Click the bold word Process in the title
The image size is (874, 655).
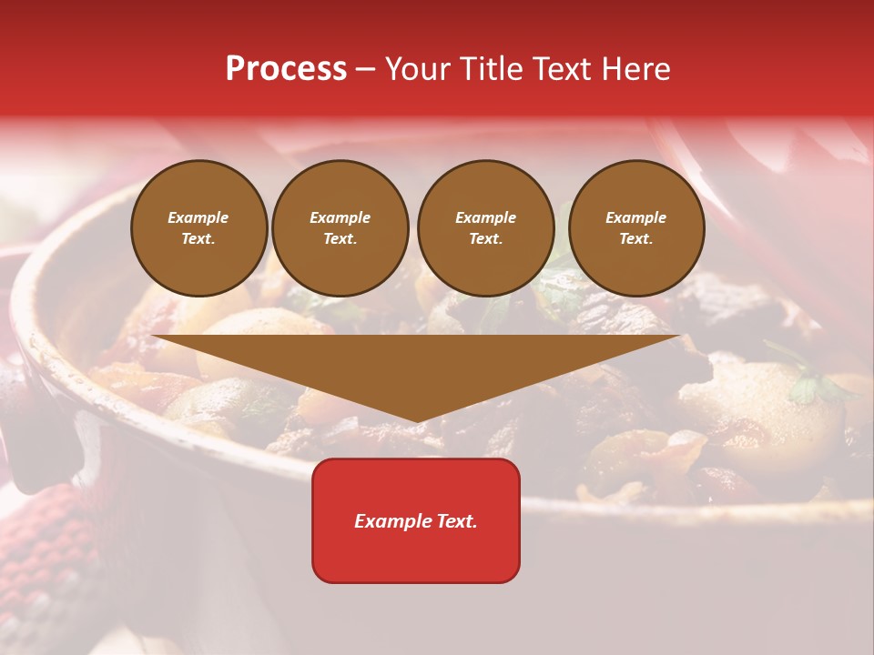[286, 69]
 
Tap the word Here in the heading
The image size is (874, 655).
[636, 69]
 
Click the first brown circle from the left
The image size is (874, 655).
[198, 228]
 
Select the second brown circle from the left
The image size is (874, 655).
[340, 228]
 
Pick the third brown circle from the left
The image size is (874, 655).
[485, 228]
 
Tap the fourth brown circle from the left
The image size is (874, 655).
[636, 228]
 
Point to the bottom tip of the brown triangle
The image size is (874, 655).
[417, 421]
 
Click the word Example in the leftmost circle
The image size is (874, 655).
[198, 217]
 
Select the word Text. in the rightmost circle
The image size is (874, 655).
[636, 239]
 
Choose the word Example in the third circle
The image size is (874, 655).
[485, 217]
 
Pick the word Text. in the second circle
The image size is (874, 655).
[340, 239]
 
